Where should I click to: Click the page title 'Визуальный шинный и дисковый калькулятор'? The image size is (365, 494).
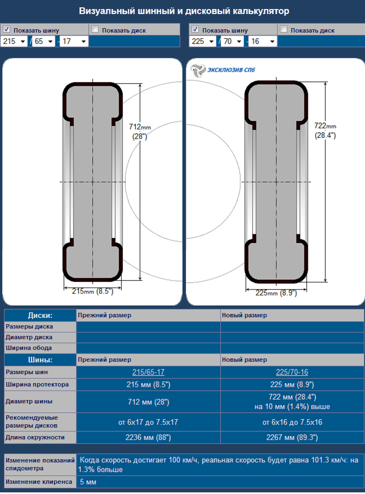click(x=184, y=11)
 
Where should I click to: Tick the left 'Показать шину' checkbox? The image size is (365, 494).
click(x=6, y=29)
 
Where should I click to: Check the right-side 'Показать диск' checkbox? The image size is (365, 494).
click(x=284, y=29)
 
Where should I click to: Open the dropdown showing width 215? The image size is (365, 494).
click(x=14, y=41)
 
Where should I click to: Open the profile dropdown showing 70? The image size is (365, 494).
click(x=232, y=41)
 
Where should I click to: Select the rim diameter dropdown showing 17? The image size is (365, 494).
click(x=74, y=41)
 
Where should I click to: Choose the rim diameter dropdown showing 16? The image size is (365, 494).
click(x=262, y=41)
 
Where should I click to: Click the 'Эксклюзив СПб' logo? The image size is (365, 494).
click(x=222, y=70)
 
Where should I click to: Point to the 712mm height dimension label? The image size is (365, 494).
click(x=140, y=131)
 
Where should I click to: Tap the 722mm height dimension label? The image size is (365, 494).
click(x=325, y=130)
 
